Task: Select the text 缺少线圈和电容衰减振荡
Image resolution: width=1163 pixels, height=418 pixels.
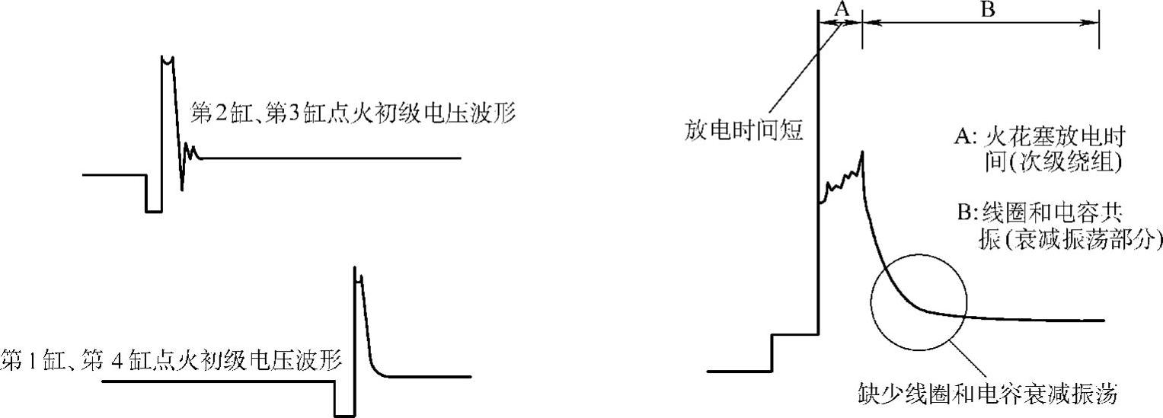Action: tap(986, 396)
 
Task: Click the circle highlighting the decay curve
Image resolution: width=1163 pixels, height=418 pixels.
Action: tap(920, 306)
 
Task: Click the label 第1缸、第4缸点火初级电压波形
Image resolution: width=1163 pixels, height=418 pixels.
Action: tap(171, 359)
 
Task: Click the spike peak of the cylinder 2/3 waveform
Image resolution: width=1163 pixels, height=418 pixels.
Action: tap(167, 59)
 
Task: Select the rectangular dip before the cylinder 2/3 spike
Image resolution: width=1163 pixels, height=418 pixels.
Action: tap(153, 203)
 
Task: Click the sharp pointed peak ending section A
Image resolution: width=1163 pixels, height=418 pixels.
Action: tap(862, 154)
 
